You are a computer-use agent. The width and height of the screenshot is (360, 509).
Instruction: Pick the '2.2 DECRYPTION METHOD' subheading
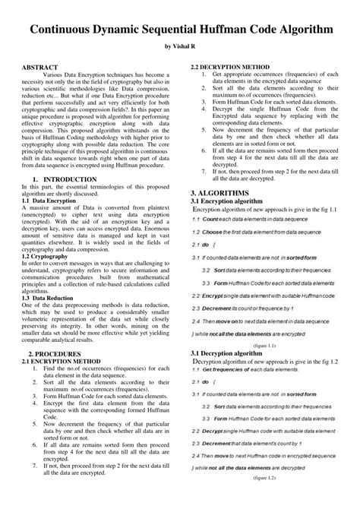click(232, 67)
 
